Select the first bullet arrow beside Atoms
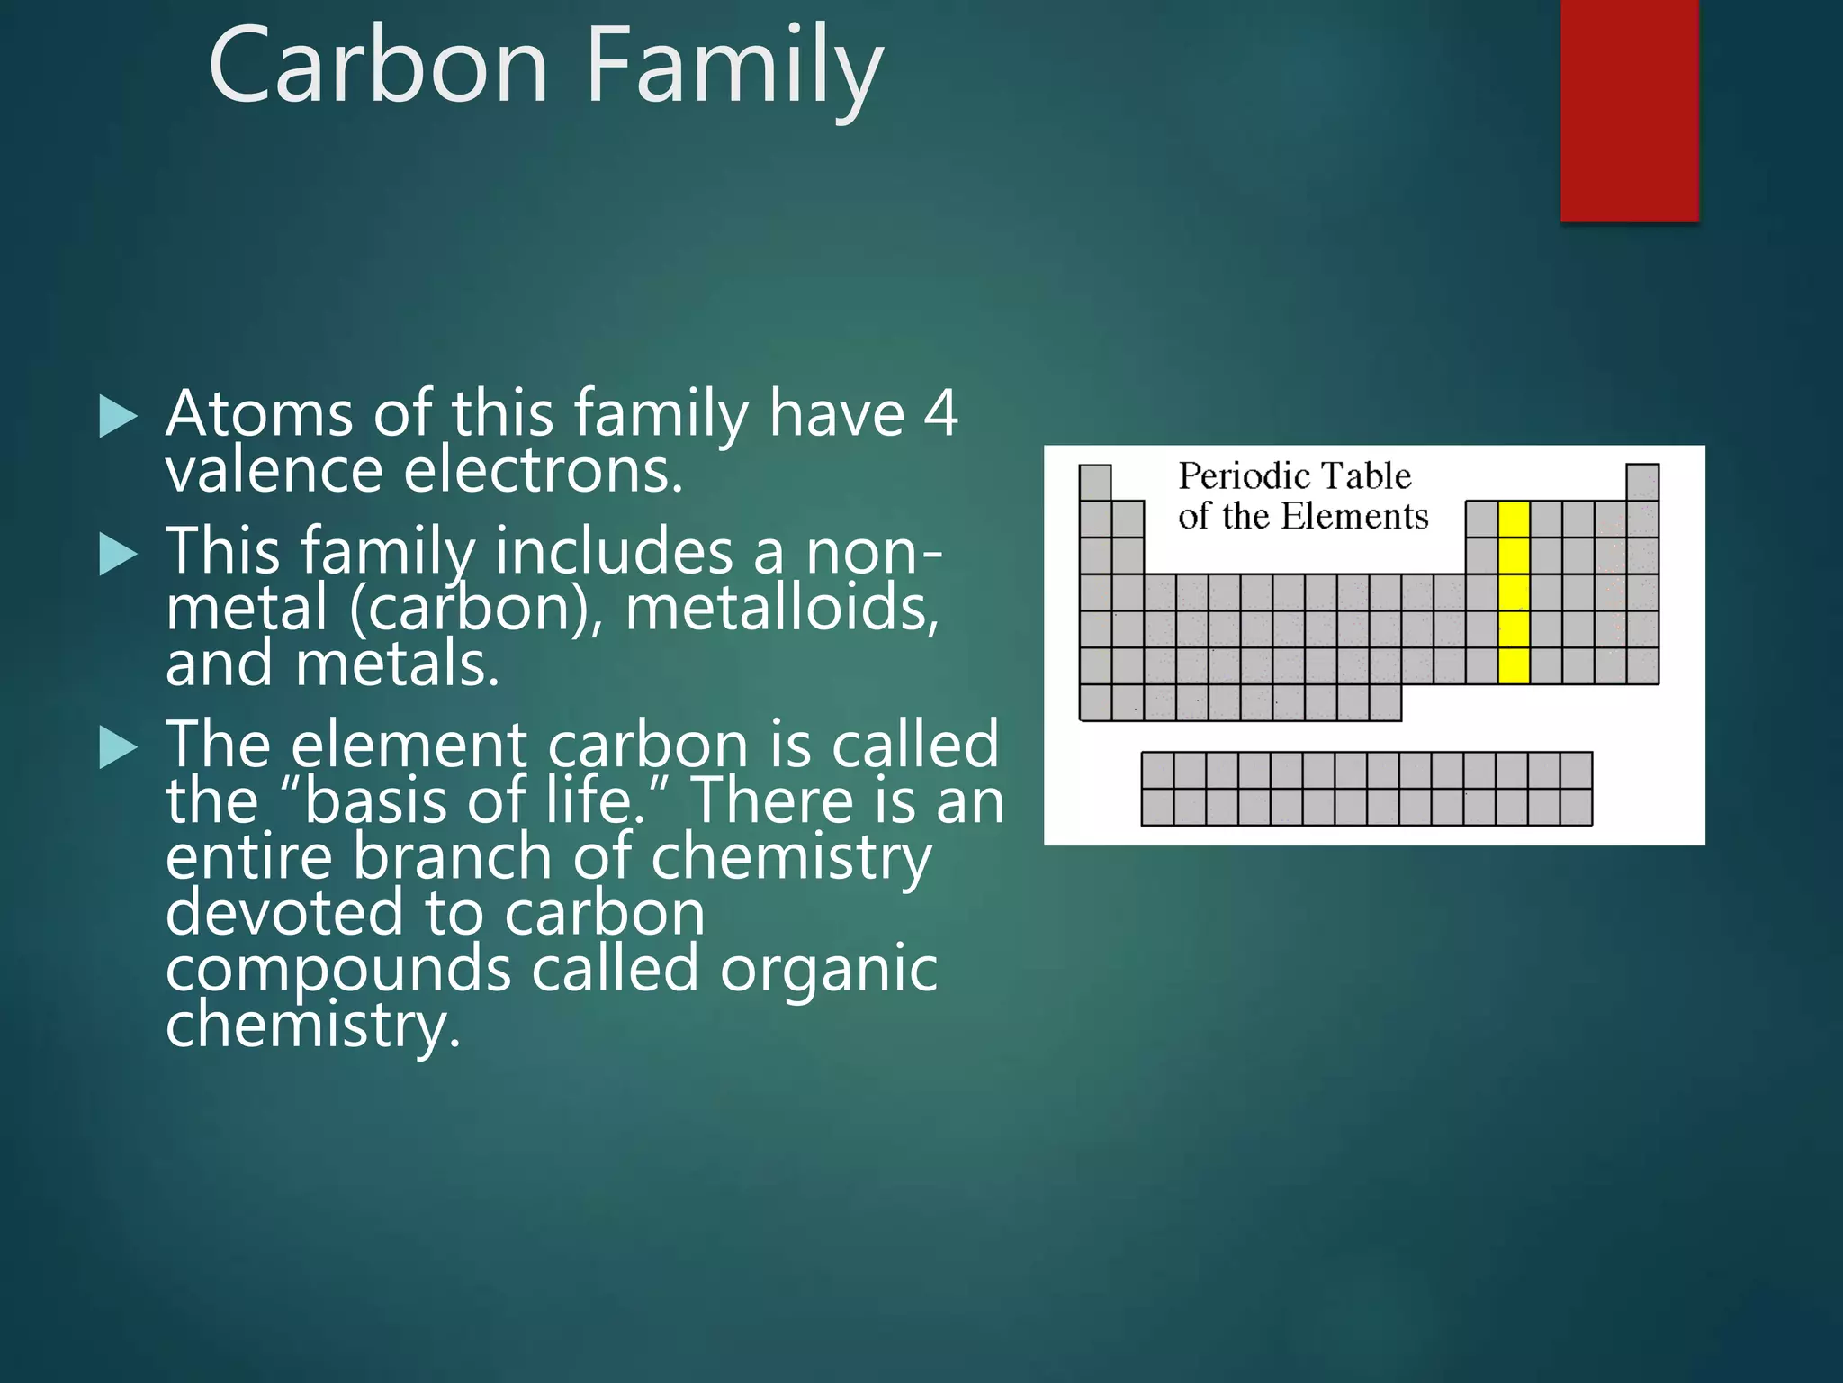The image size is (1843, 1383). point(118,417)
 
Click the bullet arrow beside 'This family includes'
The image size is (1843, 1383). point(118,553)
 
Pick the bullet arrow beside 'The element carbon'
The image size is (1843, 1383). point(118,746)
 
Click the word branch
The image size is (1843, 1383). point(453,856)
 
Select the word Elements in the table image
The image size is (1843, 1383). point(1353,517)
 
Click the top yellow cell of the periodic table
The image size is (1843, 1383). point(1514,520)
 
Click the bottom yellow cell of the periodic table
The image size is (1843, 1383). point(1514,665)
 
